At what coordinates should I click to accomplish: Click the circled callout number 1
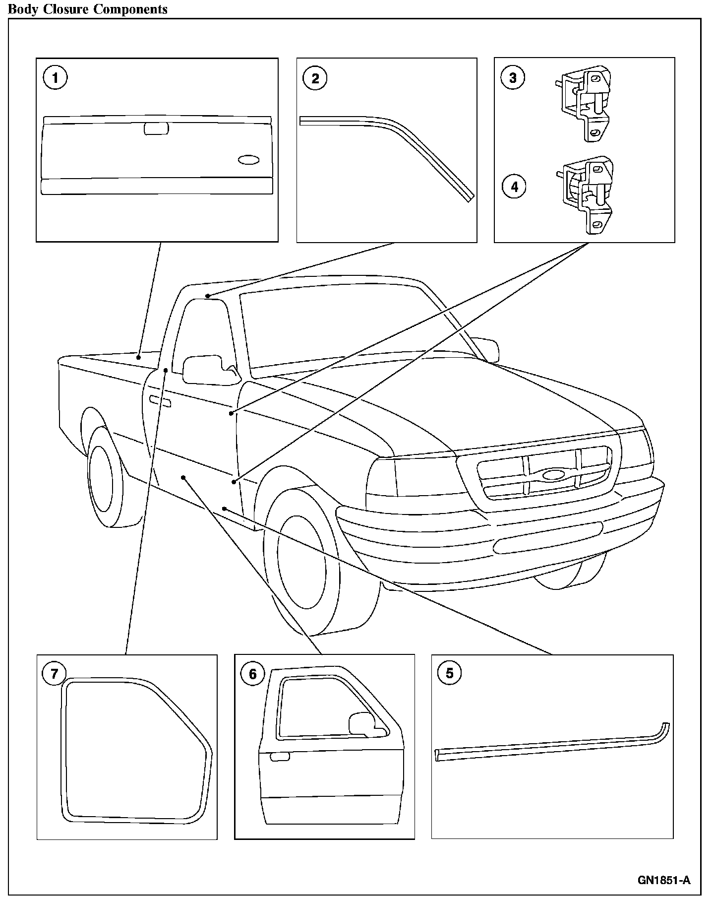(55, 78)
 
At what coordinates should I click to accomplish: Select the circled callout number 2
(315, 78)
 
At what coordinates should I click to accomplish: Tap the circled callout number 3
(513, 77)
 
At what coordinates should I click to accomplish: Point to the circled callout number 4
(514, 187)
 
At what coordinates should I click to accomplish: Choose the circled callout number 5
(450, 673)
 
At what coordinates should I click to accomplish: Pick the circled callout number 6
(253, 674)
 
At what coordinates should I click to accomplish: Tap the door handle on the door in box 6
(280, 757)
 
